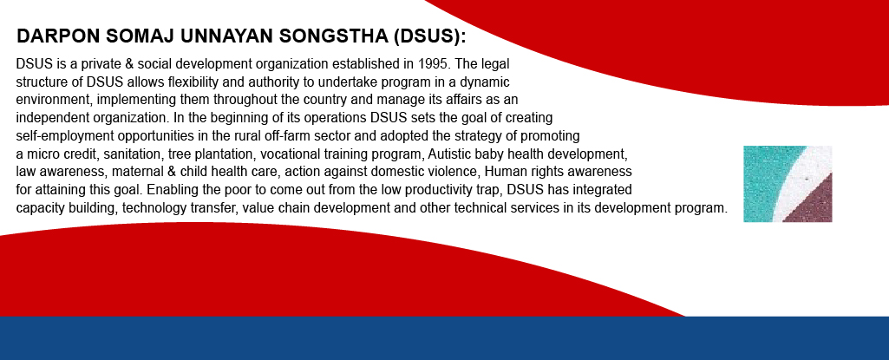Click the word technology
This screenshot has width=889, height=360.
click(150, 209)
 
